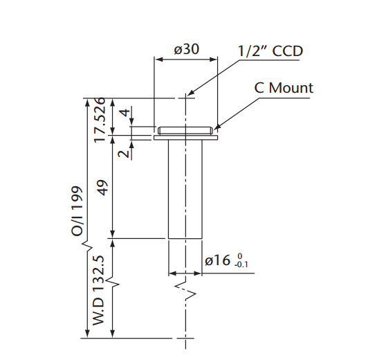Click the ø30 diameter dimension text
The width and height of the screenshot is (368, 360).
(x=186, y=50)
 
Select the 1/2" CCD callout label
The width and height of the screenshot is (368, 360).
(x=270, y=51)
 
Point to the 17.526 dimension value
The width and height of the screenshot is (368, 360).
(x=100, y=120)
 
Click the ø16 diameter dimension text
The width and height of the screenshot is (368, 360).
(x=219, y=260)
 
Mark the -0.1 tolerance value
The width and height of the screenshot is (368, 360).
(x=241, y=264)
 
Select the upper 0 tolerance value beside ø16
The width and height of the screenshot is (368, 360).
(x=239, y=256)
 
